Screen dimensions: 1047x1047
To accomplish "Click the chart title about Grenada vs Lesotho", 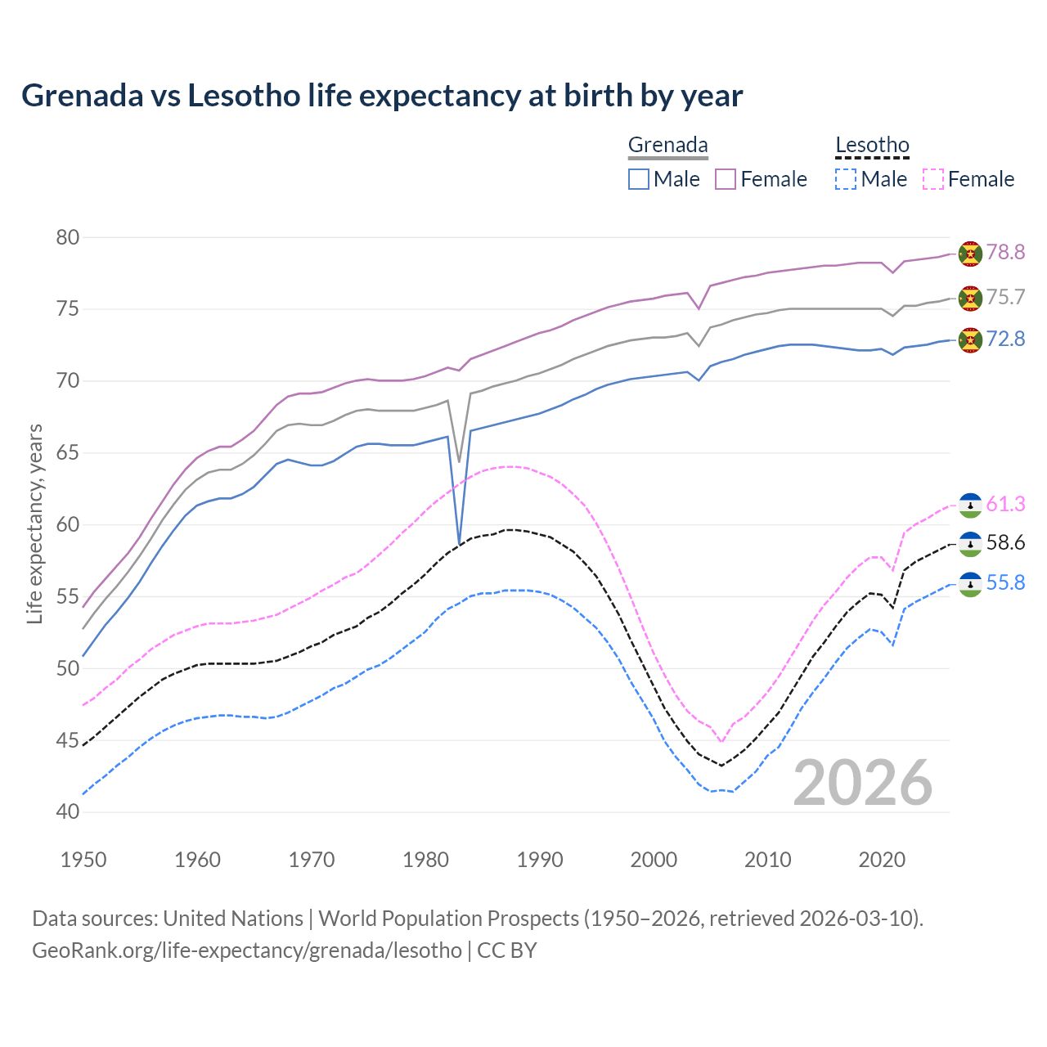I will pyautogui.click(x=382, y=96).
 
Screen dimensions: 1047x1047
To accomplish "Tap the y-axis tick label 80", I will pyautogui.click(x=68, y=237).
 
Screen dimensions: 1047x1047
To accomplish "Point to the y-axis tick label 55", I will pyautogui.click(x=68, y=596).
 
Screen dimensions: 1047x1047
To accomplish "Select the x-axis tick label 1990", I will pyautogui.click(x=540, y=860).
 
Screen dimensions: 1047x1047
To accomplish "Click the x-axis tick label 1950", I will pyautogui.click(x=84, y=860).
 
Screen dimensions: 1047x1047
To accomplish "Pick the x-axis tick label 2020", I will pyautogui.click(x=882, y=860).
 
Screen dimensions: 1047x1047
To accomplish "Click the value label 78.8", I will pyautogui.click(x=1005, y=252).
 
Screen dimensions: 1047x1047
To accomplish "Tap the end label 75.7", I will pyautogui.click(x=1005, y=297).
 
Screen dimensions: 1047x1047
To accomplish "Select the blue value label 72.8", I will pyautogui.click(x=1005, y=339).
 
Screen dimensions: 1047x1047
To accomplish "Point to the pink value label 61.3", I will pyautogui.click(x=1005, y=504).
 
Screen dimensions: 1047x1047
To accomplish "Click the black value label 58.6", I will pyautogui.click(x=1005, y=543).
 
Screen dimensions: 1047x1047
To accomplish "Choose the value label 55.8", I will pyautogui.click(x=1005, y=582).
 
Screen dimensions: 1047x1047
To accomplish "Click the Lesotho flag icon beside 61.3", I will pyautogui.click(x=970, y=505).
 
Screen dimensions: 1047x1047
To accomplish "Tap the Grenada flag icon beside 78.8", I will pyautogui.click(x=970, y=254).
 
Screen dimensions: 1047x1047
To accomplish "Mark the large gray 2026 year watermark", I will pyautogui.click(x=863, y=783).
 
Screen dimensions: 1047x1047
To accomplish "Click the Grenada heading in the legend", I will pyautogui.click(x=667, y=145).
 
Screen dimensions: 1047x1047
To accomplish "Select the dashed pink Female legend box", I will pyautogui.click(x=933, y=179).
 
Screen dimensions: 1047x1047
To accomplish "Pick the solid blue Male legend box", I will pyautogui.click(x=639, y=179).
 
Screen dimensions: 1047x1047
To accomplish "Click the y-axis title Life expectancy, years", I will pyautogui.click(x=35, y=523).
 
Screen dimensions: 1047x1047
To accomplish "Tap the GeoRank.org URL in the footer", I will pyautogui.click(x=247, y=950).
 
